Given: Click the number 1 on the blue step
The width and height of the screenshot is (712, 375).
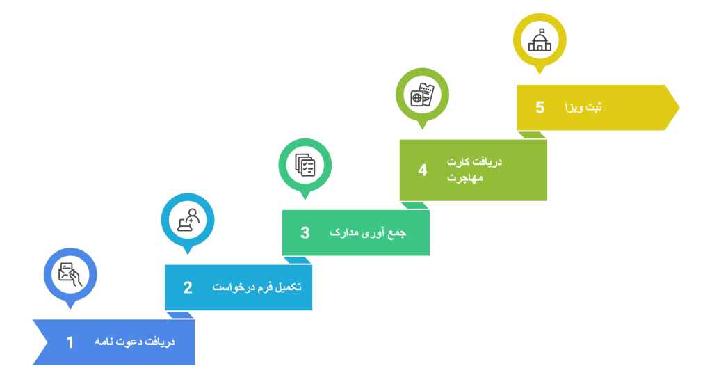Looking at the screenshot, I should (70, 342).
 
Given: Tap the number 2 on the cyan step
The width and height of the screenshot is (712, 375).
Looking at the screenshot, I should (187, 287).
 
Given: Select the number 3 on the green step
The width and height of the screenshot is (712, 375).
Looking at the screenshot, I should (305, 233).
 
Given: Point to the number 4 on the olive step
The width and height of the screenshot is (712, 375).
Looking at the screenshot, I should (422, 170).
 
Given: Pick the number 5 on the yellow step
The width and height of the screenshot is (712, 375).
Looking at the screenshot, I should (540, 108).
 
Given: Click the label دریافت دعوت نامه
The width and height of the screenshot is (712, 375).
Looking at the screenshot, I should (135, 342).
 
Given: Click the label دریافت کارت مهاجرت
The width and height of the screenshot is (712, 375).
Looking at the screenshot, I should (474, 170).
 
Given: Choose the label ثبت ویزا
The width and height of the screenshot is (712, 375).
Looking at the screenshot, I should (583, 108).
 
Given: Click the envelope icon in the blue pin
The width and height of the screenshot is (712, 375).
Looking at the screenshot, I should (70, 273).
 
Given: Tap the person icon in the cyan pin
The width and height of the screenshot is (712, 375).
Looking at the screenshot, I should (187, 218).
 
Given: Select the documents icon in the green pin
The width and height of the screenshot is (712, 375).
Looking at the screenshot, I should (305, 164).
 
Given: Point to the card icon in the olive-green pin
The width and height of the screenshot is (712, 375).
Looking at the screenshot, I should (422, 94).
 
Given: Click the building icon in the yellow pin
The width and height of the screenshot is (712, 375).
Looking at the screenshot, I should (540, 39).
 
